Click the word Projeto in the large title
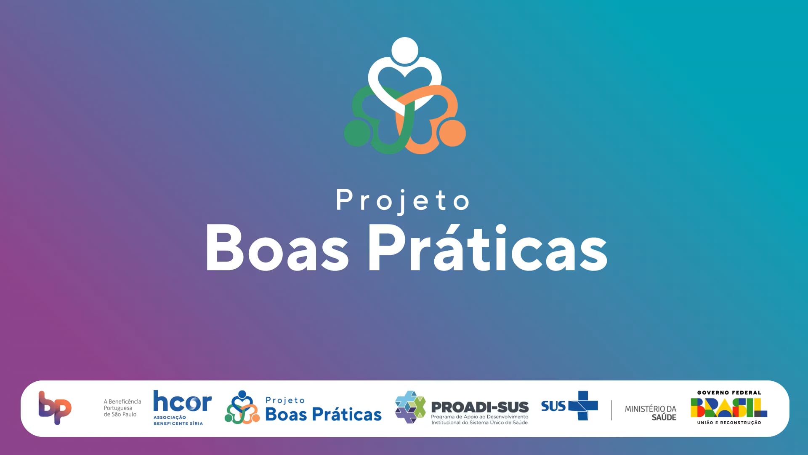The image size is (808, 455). [402, 201]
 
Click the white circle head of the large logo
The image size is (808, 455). [405, 51]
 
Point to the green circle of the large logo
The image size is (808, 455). [358, 133]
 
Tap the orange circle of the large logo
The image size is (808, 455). [452, 133]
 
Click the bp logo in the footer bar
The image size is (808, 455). [55, 407]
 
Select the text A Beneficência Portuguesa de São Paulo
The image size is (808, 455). [122, 408]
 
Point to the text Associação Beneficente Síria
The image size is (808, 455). [178, 420]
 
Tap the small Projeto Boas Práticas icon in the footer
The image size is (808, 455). [242, 407]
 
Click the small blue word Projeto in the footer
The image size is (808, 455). [285, 400]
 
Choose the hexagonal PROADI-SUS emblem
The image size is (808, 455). [410, 407]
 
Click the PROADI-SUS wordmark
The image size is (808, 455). [480, 407]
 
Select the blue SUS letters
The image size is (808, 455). [553, 406]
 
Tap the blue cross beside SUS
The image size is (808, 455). [583, 406]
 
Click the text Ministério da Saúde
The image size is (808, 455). [651, 413]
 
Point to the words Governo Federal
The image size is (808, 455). [729, 393]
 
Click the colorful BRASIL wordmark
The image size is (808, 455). [729, 407]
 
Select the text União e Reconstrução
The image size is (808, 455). [729, 423]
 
